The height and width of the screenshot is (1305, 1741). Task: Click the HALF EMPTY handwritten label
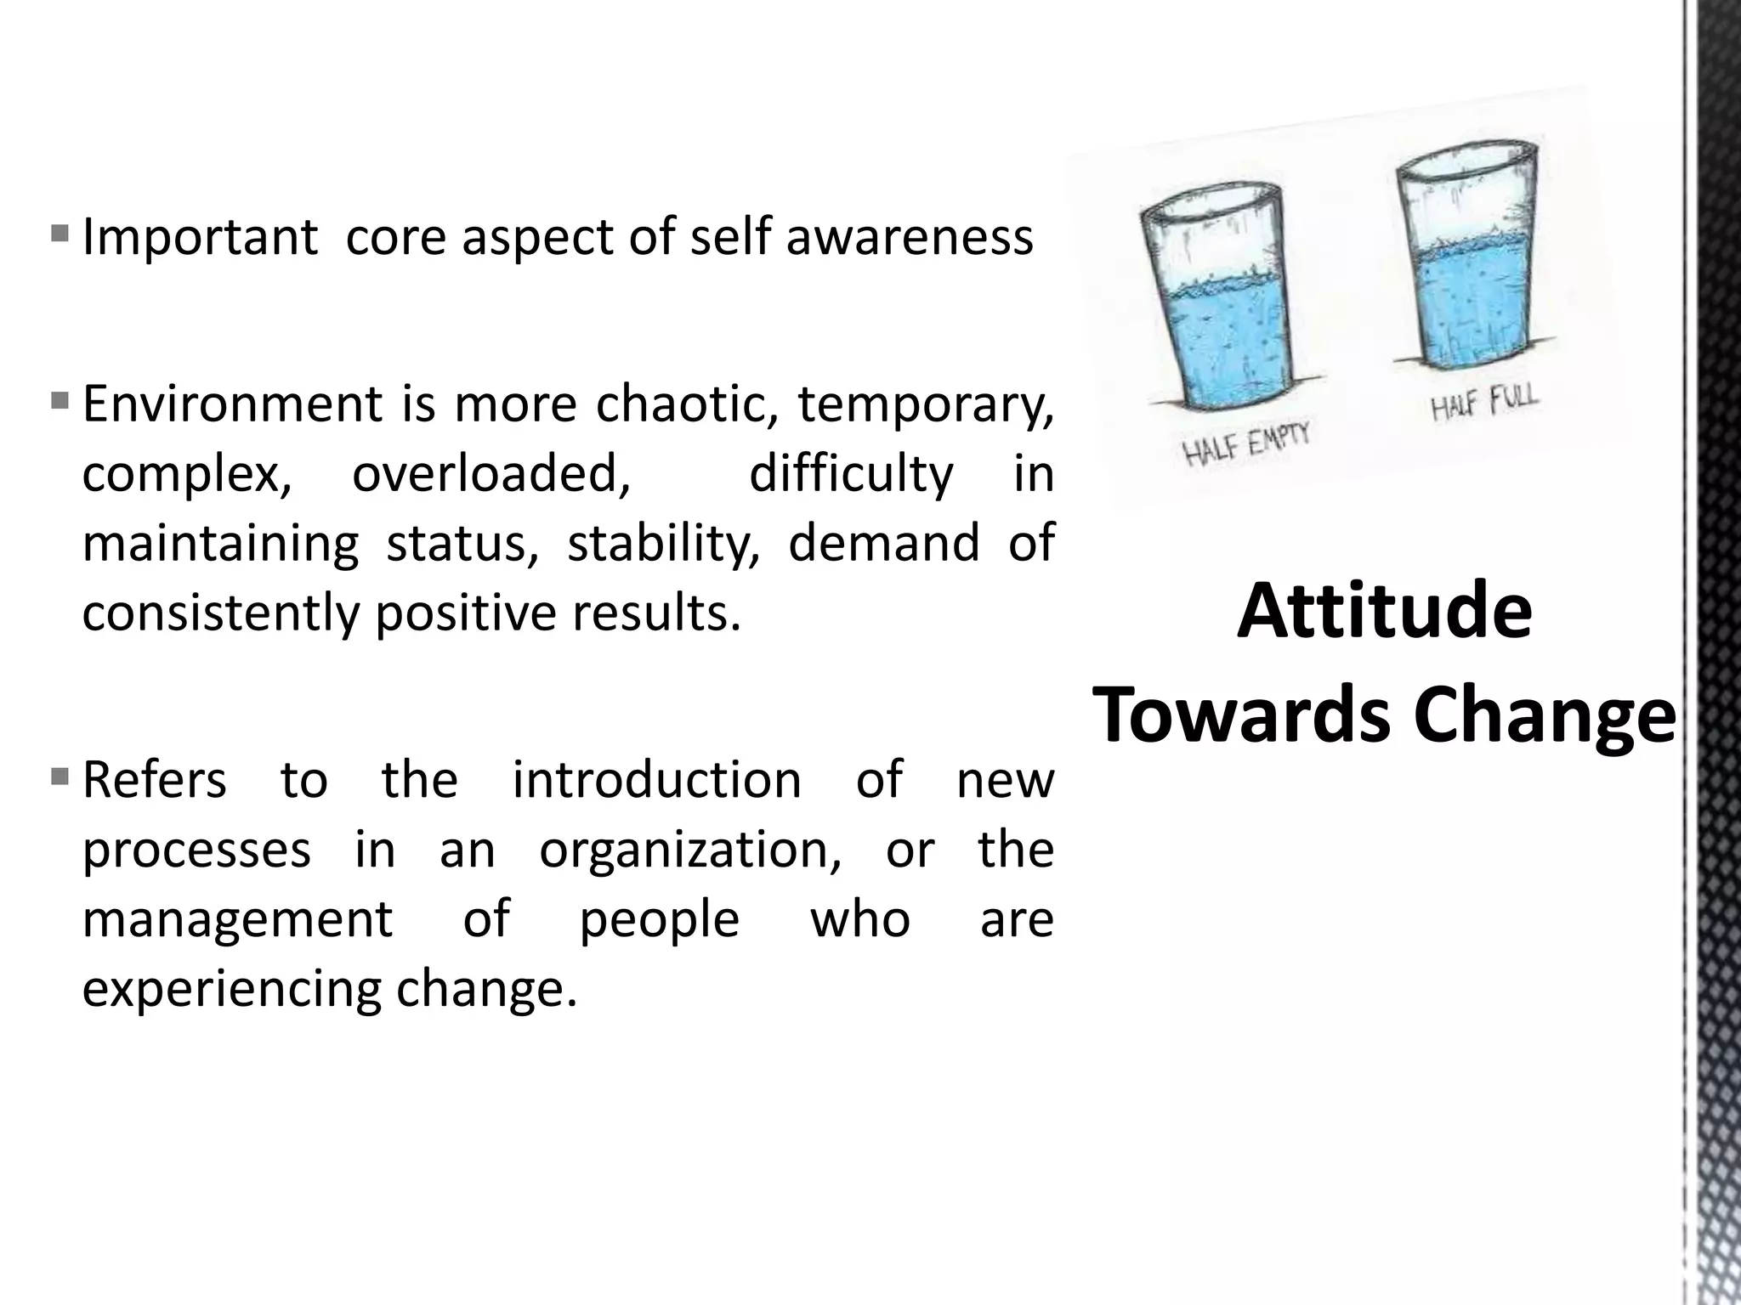click(1248, 444)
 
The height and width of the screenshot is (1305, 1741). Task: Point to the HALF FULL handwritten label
click(1484, 404)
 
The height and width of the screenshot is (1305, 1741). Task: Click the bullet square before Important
click(60, 232)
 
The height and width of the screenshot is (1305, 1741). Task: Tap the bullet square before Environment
click(60, 398)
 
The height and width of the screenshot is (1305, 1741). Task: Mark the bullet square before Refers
click(60, 775)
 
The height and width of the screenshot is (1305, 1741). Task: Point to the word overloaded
click(491, 473)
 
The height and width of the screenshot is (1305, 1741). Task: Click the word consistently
click(221, 613)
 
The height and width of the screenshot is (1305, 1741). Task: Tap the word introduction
click(656, 779)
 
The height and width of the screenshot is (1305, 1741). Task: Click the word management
click(237, 918)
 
